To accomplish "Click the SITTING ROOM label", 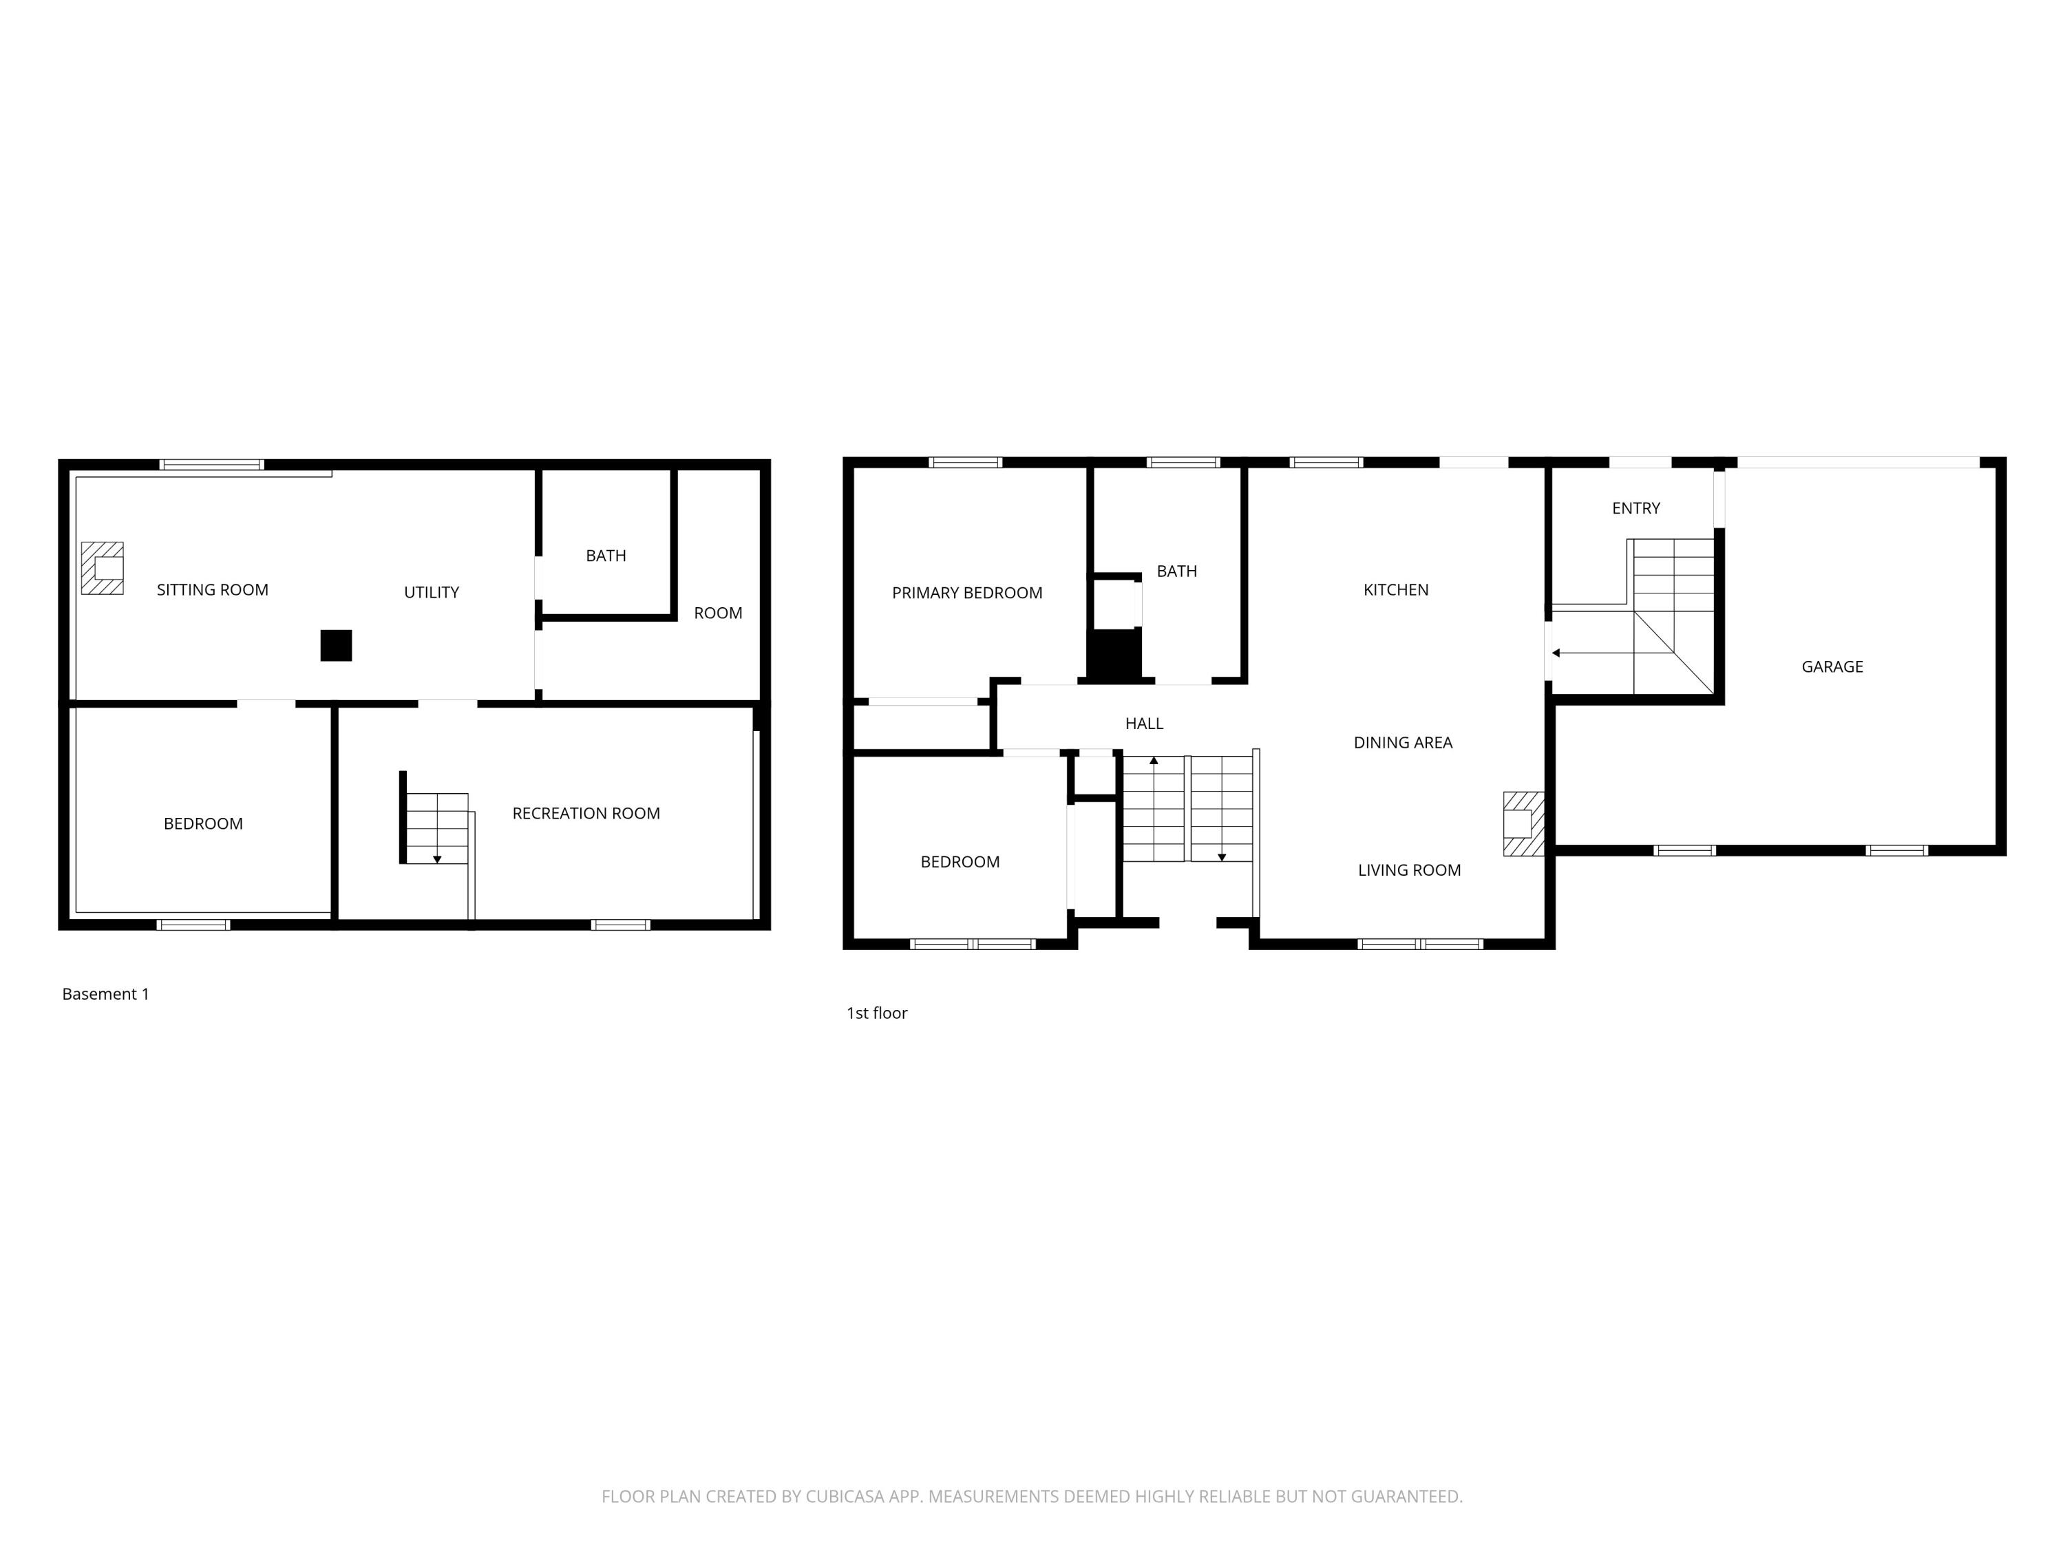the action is [x=212, y=590].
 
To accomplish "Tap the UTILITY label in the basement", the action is [x=432, y=592].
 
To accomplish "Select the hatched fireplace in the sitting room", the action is [x=102, y=568].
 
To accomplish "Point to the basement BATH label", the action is [x=606, y=556].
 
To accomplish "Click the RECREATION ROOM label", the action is [x=586, y=813].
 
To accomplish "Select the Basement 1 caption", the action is [x=105, y=994].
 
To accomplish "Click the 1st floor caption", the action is [x=877, y=1013].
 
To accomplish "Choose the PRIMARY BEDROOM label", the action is [x=967, y=593].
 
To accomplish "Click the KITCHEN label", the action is [x=1396, y=590].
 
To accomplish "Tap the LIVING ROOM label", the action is [x=1410, y=870].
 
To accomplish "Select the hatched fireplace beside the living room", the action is [x=1523, y=823].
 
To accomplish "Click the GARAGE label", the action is [x=1832, y=666].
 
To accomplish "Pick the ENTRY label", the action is [x=1635, y=508].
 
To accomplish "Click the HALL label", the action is [x=1145, y=724].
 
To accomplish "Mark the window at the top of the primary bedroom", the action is [x=965, y=462].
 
